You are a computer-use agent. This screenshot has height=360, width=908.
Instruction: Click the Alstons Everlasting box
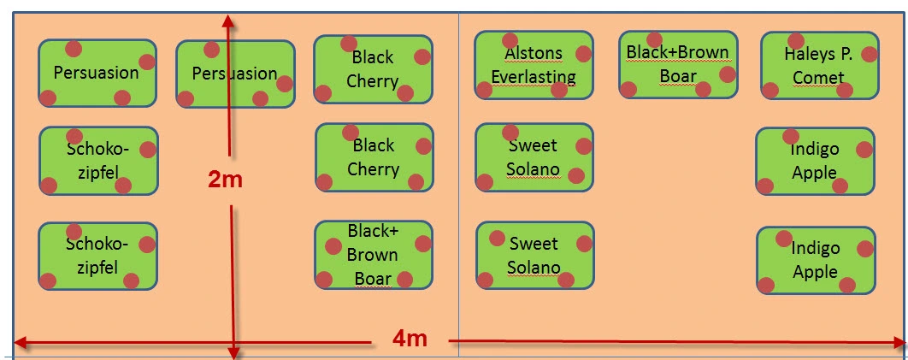point(534,65)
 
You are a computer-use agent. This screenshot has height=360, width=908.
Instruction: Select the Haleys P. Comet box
point(819,65)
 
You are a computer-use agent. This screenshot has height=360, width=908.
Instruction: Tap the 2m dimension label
point(225,180)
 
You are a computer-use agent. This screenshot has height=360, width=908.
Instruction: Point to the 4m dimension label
point(410,339)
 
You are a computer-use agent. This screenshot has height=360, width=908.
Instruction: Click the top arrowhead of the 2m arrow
point(227,21)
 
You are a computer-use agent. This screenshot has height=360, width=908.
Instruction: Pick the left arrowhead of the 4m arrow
point(21,343)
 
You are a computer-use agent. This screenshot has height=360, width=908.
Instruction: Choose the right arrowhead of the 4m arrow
point(899,343)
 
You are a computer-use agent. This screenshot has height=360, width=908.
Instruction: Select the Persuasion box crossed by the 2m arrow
point(235,74)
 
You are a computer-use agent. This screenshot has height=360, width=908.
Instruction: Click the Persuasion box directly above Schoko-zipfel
point(97,73)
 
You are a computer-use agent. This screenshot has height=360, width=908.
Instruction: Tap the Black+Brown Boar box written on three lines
point(374,255)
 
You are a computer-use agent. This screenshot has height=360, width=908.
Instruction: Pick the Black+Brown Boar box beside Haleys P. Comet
point(678,64)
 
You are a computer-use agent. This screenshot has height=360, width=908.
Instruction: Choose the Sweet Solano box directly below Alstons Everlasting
point(534,156)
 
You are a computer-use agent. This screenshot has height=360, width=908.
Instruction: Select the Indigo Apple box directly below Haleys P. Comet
point(815,161)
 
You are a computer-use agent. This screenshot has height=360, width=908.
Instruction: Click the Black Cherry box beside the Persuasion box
point(373,69)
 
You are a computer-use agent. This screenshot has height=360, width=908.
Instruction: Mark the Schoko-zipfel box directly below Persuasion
point(98,161)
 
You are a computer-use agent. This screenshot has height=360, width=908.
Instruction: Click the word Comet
point(819,78)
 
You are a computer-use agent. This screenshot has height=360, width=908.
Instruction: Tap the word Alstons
point(534,53)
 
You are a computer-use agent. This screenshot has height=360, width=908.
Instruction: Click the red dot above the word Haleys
point(796,40)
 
